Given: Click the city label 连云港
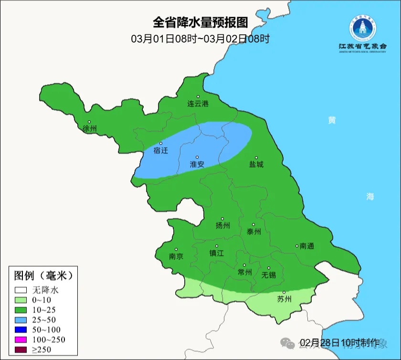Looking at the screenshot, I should [198, 104].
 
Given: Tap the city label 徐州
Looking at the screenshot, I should [89, 129].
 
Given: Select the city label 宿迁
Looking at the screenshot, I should [161, 150].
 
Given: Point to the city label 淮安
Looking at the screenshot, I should [197, 164].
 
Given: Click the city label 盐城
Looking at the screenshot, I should [256, 165].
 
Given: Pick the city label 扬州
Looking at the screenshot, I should [222, 226].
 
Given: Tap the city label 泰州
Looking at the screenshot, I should [253, 232].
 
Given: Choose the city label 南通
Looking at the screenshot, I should [306, 246].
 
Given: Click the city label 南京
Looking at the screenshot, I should [176, 256].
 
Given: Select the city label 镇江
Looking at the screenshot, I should [216, 254].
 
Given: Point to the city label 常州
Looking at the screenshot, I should [244, 272].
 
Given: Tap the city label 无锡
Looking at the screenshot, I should [269, 275].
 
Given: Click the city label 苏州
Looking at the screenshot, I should [284, 299].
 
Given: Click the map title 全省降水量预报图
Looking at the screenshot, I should [200, 23].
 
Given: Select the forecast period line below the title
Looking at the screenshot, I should [200, 39].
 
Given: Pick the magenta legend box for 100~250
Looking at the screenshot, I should [21, 339].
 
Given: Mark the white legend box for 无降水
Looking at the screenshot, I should [21, 290].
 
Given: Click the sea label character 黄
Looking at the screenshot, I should [331, 120].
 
